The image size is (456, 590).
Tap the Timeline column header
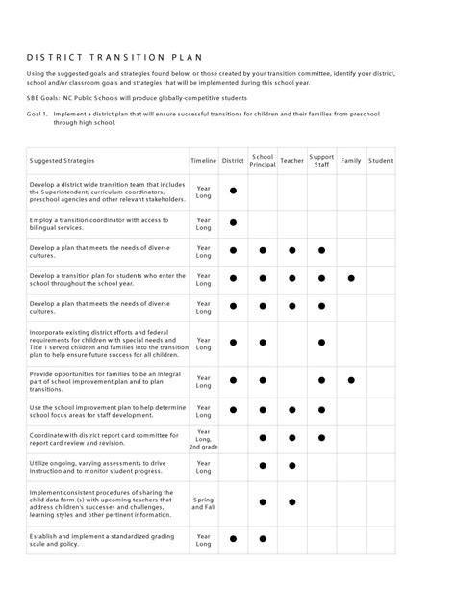tap(203, 160)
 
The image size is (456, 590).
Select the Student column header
tap(380, 160)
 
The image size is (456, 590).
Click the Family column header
tap(350, 160)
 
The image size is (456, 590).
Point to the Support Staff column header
tap(321, 160)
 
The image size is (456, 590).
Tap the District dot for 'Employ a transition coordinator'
tap(233, 223)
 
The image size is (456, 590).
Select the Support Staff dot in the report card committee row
tap(321, 438)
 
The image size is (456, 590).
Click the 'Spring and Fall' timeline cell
tap(203, 501)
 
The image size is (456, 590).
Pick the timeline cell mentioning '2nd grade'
tap(203, 439)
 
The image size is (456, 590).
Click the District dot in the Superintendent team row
tap(233, 192)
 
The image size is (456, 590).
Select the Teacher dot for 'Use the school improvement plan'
tap(291, 409)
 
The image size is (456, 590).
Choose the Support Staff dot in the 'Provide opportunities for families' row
tap(321, 379)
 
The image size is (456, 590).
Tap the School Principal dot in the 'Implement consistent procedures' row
tap(262, 501)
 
